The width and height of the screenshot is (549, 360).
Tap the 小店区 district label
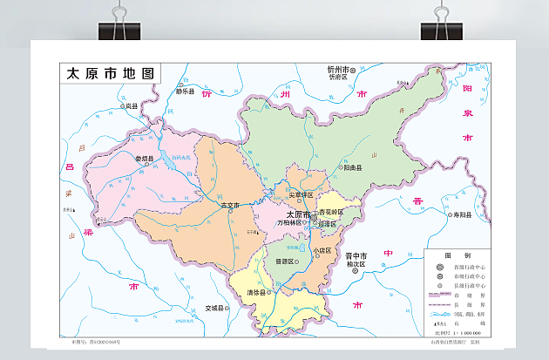tap(323, 251)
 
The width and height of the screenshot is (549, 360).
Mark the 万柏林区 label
tap(289, 223)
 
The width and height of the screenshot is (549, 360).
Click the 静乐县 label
tap(185, 91)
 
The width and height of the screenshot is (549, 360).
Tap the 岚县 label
tap(132, 105)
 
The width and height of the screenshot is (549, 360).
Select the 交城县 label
tap(216, 308)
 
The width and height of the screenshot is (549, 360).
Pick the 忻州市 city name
tap(338, 69)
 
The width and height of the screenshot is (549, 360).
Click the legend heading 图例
tap(452, 255)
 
